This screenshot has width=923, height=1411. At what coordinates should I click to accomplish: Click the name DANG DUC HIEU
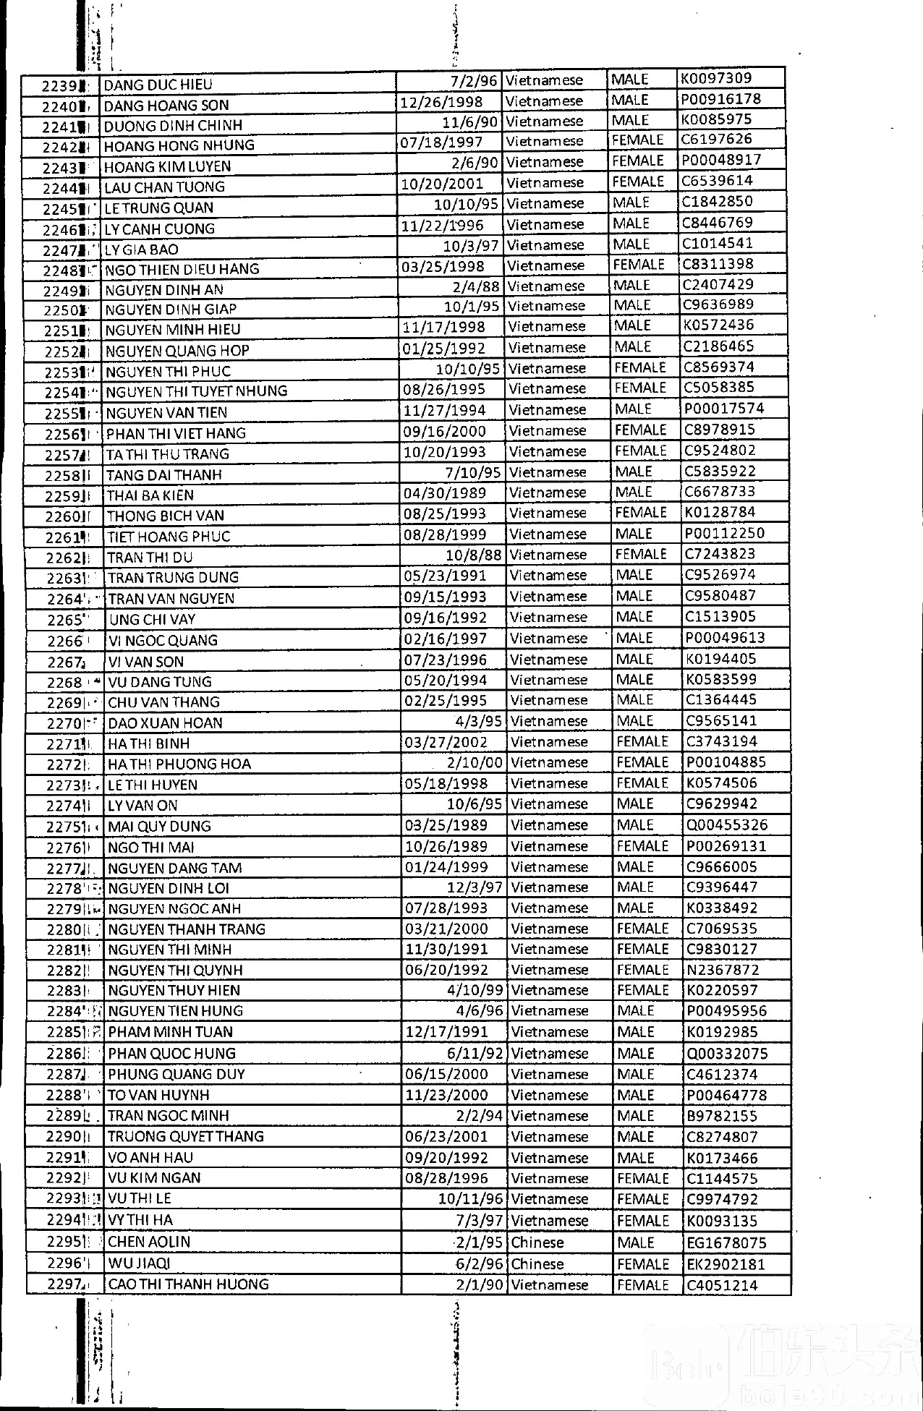[158, 85]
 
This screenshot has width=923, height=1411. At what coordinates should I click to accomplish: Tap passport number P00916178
[721, 99]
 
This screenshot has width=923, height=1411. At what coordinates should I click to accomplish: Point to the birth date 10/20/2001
[443, 184]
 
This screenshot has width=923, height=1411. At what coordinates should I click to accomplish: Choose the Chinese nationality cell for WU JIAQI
[537, 1264]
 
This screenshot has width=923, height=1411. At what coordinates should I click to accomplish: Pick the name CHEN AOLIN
[149, 1242]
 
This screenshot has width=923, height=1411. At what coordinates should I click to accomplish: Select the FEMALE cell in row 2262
[640, 555]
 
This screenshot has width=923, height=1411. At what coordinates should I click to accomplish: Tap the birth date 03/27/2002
[446, 743]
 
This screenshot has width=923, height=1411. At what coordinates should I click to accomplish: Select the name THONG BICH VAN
[166, 516]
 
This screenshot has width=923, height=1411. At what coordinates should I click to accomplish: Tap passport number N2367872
[723, 970]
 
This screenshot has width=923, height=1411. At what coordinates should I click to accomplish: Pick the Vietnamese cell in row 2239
[544, 80]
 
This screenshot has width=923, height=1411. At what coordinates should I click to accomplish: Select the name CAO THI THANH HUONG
[188, 1285]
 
